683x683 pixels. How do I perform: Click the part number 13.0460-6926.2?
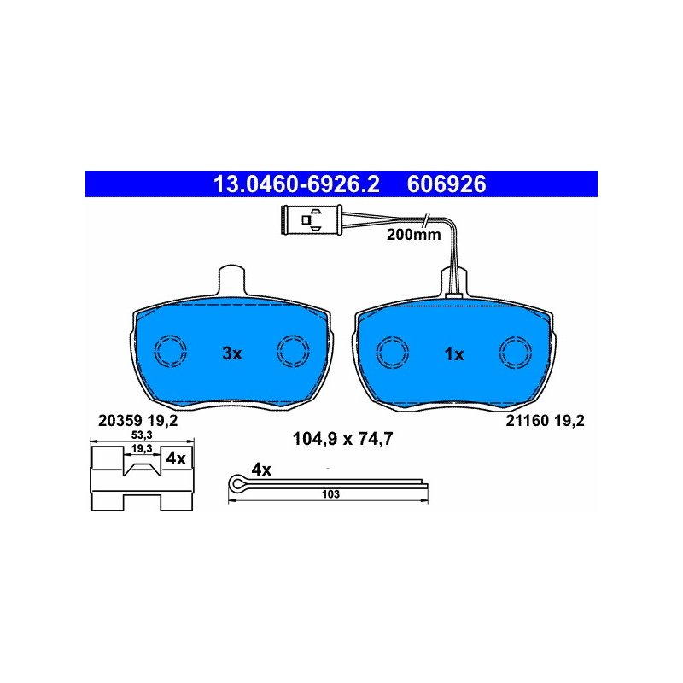tap(296, 184)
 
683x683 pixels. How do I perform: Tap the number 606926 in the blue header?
tap(447, 184)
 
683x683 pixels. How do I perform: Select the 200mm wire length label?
tap(413, 235)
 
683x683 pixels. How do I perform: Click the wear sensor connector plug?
tap(312, 220)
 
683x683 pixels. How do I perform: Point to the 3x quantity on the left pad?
tap(231, 353)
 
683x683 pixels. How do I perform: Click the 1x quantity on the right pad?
tap(454, 354)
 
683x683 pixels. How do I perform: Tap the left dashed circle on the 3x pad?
tap(171, 351)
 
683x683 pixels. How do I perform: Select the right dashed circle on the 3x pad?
tap(293, 351)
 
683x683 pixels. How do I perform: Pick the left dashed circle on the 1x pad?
tap(393, 353)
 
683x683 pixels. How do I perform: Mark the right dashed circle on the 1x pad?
tap(516, 353)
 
